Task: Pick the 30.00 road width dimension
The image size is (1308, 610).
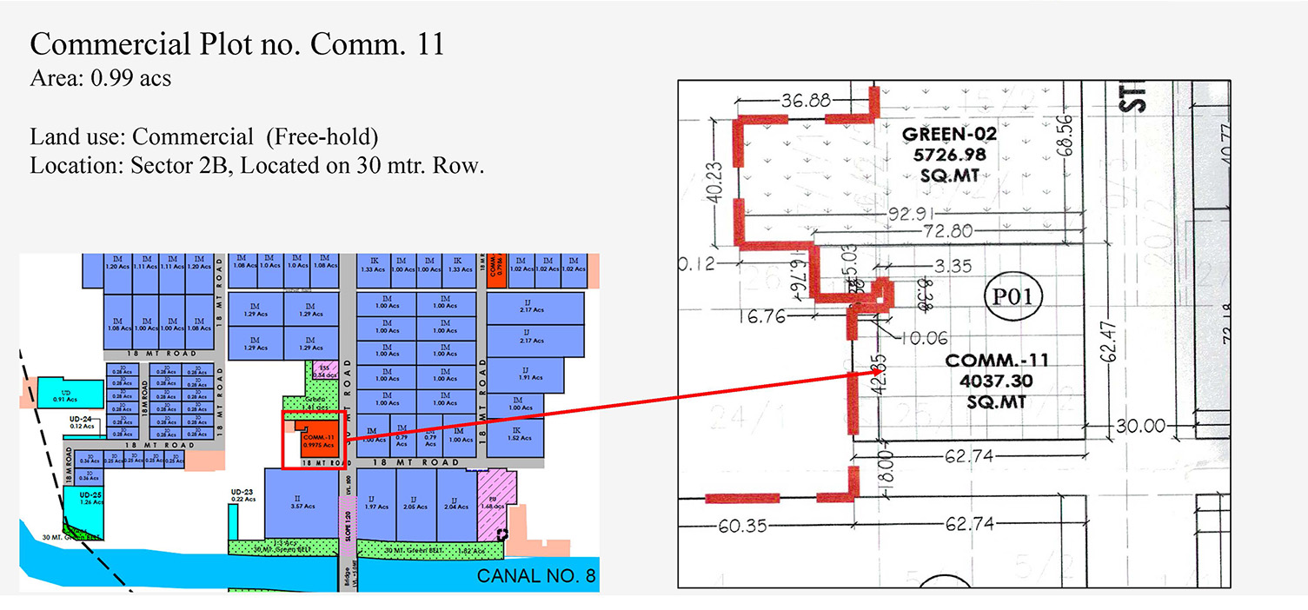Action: [1140, 427]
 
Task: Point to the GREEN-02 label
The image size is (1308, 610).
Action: [949, 136]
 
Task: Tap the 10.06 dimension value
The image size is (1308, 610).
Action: [925, 338]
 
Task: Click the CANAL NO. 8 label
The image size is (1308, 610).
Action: [534, 576]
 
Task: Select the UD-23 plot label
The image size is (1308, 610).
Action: [242, 492]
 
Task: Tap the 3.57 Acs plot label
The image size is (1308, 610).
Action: [296, 505]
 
